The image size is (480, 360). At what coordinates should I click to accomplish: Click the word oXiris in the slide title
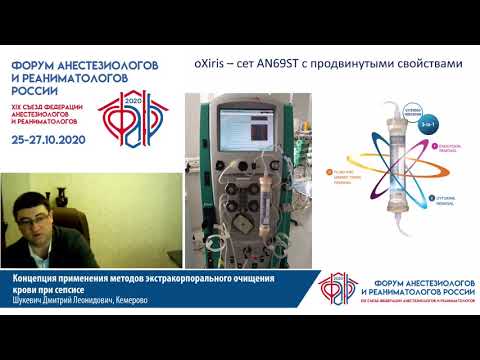click(210, 62)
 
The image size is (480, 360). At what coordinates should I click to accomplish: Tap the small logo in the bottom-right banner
click(337, 288)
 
